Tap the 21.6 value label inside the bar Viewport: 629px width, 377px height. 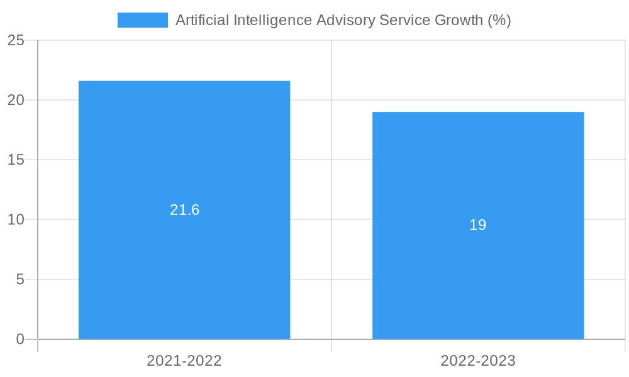tap(184, 210)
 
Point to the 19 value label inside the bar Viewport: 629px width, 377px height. tap(478, 225)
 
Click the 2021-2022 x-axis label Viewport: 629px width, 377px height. tap(184, 361)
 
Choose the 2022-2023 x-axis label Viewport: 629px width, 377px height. tap(478, 361)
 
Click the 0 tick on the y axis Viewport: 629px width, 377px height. tap(20, 339)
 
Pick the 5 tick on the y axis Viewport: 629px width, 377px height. tap(20, 280)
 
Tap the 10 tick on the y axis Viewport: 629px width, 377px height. tap(16, 220)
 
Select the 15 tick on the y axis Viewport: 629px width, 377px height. tap(16, 160)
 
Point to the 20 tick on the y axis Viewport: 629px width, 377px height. tap(16, 100)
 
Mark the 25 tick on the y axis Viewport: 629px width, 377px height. tap(16, 40)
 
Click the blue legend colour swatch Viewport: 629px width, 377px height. tap(143, 20)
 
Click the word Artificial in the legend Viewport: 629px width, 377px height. tap(202, 20)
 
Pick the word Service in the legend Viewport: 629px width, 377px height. tap(405, 20)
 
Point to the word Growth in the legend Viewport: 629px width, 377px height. tap(459, 20)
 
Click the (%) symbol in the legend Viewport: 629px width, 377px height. tap(499, 20)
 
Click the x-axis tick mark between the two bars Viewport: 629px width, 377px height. tap(331, 346)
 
